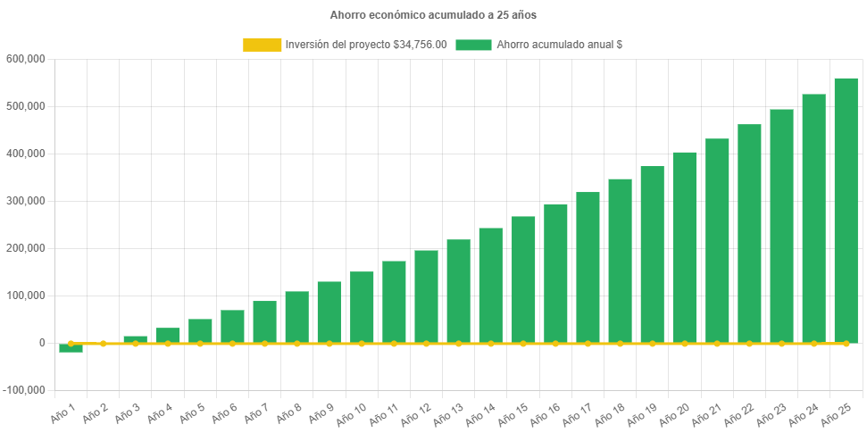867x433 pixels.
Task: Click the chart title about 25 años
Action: [x=433, y=15]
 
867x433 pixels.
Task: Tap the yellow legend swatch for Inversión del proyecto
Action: [x=262, y=45]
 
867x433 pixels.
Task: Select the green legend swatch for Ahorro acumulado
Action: [x=473, y=45]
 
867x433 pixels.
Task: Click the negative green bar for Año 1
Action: [x=71, y=348]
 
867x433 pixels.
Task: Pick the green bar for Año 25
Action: [x=846, y=210]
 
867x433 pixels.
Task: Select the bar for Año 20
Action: [x=684, y=247]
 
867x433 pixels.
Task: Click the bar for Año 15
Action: [x=523, y=279]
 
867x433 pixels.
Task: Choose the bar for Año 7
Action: [x=264, y=321]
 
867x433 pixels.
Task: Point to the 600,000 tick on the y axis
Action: [x=25, y=59]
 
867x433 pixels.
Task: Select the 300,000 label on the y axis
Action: [x=25, y=201]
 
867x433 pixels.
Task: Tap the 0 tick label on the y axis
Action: [x=42, y=343]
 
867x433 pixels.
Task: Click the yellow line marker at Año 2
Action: [x=104, y=343]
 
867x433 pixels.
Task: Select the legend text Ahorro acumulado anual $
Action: [x=559, y=45]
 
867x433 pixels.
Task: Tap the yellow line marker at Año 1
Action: [x=71, y=343]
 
